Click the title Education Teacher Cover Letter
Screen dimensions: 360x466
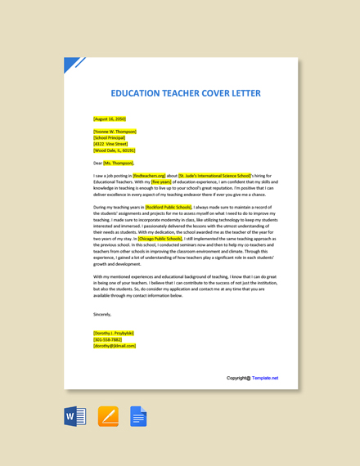pyautogui.click(x=186, y=93)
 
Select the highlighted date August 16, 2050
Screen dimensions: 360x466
pyautogui.click(x=110, y=119)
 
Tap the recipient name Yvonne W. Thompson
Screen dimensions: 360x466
pyautogui.click(x=115, y=131)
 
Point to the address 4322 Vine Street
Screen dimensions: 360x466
pyautogui.click(x=112, y=144)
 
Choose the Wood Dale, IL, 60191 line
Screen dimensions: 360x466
pyautogui.click(x=115, y=150)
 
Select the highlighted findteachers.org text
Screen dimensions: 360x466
pyautogui.click(x=149, y=175)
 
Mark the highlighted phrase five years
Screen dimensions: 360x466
pyautogui.click(x=161, y=181)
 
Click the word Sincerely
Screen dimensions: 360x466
pyautogui.click(x=102, y=314)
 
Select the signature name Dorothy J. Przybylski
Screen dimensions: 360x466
pyautogui.click(x=115, y=333)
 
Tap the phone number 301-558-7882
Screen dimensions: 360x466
pyautogui.click(x=108, y=339)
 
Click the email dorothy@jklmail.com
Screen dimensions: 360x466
pyautogui.click(x=115, y=346)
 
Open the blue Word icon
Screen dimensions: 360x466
pyautogui.click(x=75, y=417)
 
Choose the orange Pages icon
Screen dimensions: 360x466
pyautogui.click(x=108, y=417)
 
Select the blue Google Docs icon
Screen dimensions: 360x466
pyautogui.click(x=138, y=417)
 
